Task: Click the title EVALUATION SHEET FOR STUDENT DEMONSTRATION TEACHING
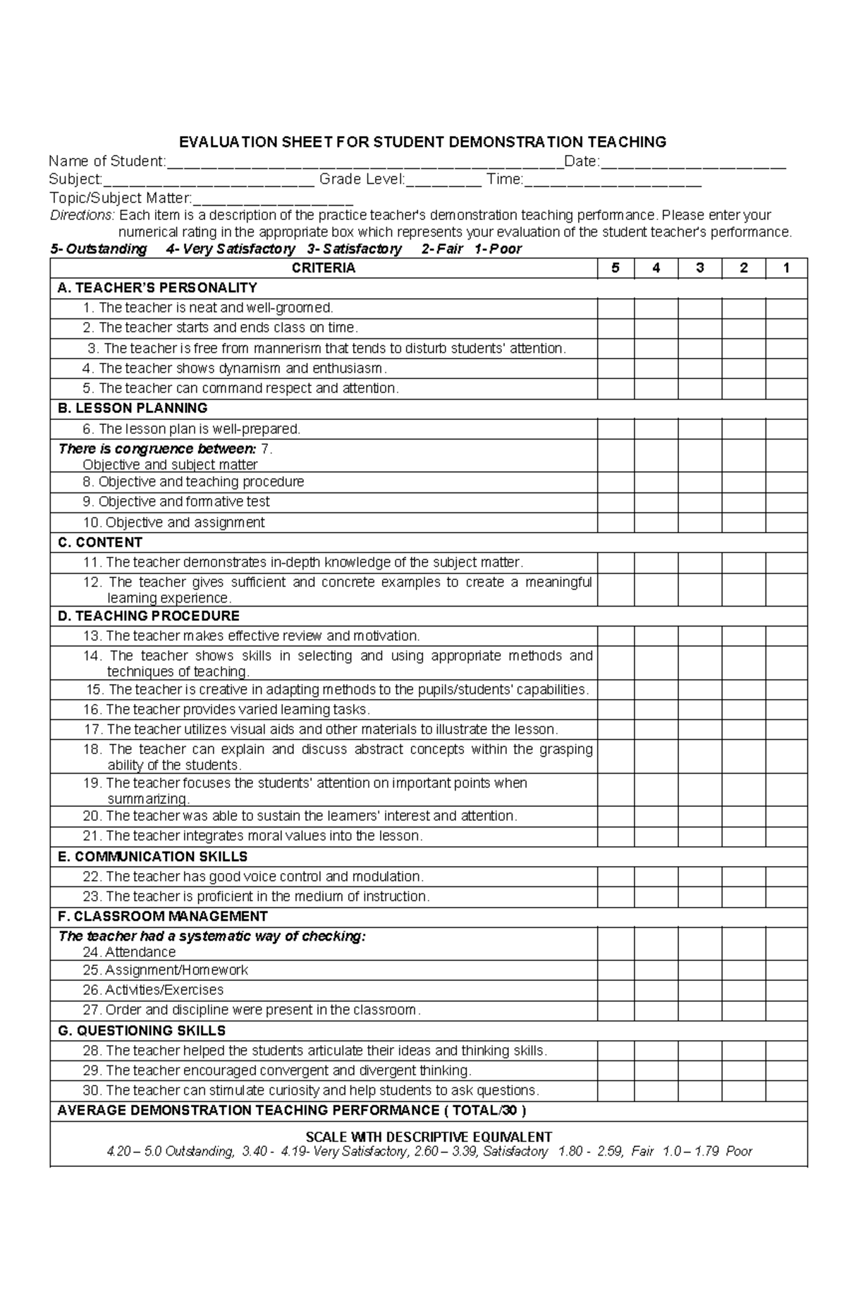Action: [422, 142]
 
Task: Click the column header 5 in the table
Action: [615, 268]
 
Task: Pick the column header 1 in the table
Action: [786, 268]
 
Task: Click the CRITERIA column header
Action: [324, 268]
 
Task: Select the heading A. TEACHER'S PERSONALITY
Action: [157, 287]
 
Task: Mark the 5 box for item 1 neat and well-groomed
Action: [615, 308]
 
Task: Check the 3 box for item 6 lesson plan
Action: [699, 429]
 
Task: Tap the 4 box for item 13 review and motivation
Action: [656, 636]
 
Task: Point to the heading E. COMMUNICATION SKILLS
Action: [152, 857]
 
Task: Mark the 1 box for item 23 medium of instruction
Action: [786, 897]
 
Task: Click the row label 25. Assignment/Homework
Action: [165, 970]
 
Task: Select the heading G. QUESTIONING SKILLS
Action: [142, 1031]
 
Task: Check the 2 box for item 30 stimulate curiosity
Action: [743, 1091]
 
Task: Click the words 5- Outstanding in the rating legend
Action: [99, 249]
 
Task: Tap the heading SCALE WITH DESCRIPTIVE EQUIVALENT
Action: [428, 1137]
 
